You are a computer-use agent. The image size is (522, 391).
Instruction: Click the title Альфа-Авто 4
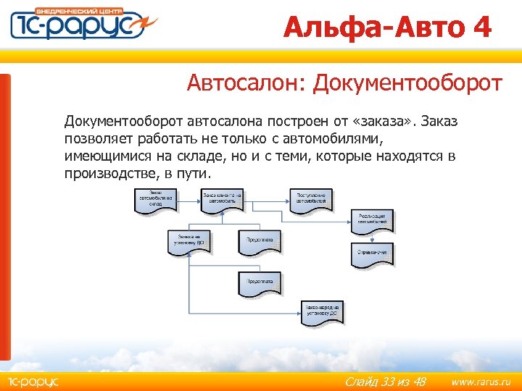[387, 28]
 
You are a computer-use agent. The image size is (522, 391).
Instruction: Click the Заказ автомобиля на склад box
[155, 200]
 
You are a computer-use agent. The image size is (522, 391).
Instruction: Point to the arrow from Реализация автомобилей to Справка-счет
[374, 238]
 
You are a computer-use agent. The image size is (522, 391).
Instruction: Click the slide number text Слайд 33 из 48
[385, 381]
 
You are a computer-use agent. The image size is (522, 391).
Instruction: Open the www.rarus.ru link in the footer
[481, 381]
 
